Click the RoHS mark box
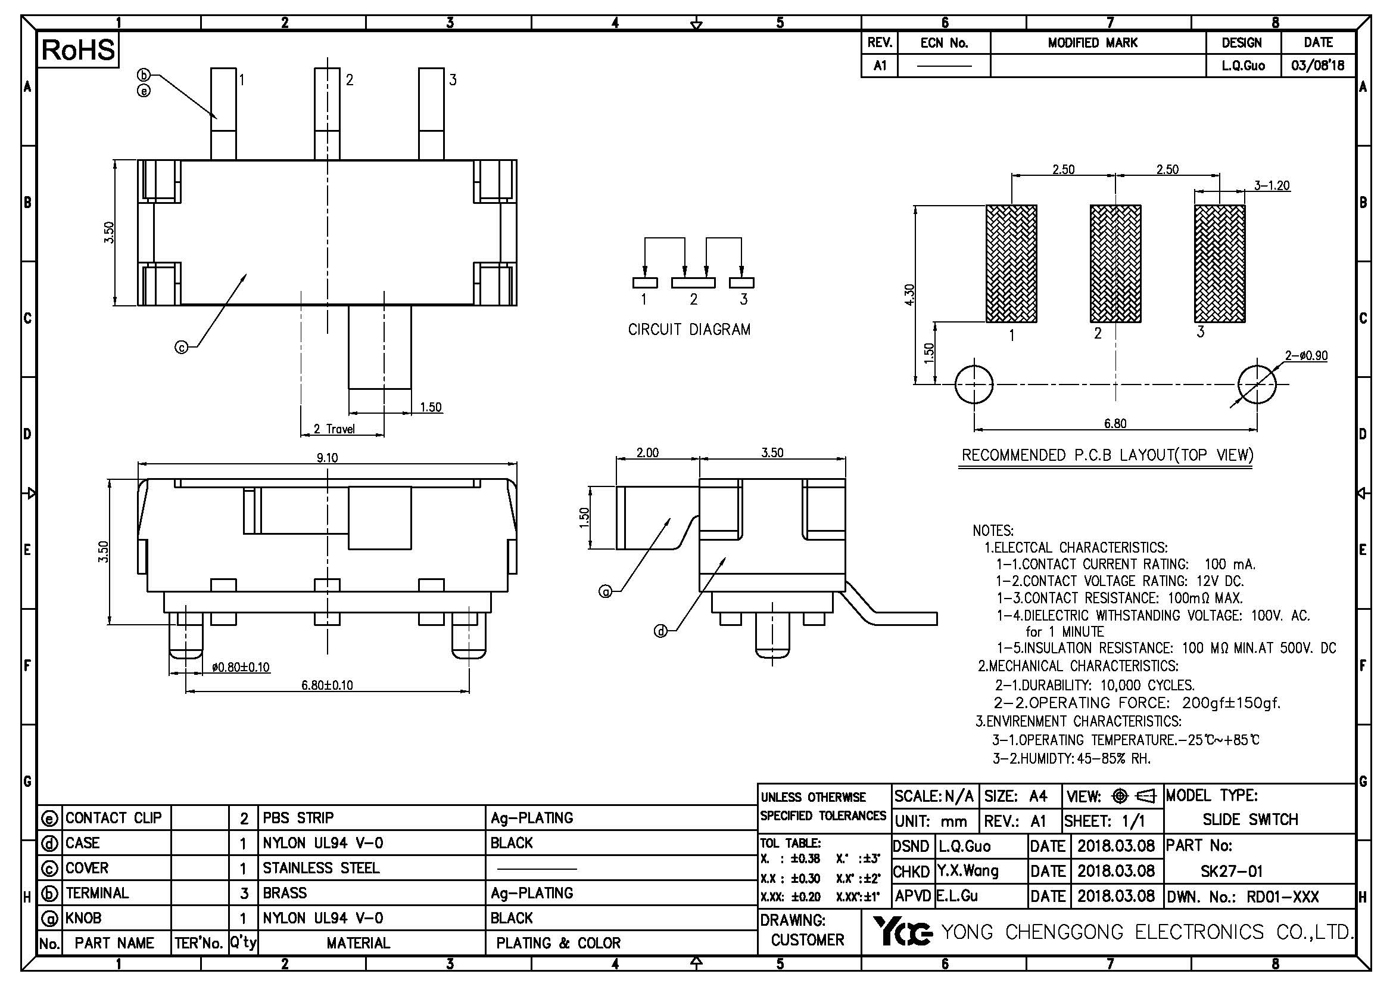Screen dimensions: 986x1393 78,51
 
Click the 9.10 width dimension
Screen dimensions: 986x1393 327,458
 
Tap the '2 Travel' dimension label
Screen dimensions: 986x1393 334,429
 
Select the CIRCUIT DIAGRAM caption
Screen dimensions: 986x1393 689,330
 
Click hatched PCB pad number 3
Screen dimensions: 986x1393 1220,263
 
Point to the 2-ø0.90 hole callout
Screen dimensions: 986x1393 1305,356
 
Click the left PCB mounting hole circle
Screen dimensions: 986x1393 974,385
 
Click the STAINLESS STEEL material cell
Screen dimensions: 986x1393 321,868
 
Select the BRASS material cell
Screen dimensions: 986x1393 285,893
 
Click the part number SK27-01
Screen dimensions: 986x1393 1232,872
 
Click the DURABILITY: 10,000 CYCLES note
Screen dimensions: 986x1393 1095,686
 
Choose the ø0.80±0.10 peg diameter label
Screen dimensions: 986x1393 241,668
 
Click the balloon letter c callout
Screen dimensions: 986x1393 182,348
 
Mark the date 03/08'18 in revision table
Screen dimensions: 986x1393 1318,66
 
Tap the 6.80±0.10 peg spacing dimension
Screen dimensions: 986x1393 327,686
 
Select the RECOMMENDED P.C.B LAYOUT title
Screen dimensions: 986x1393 1107,455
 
